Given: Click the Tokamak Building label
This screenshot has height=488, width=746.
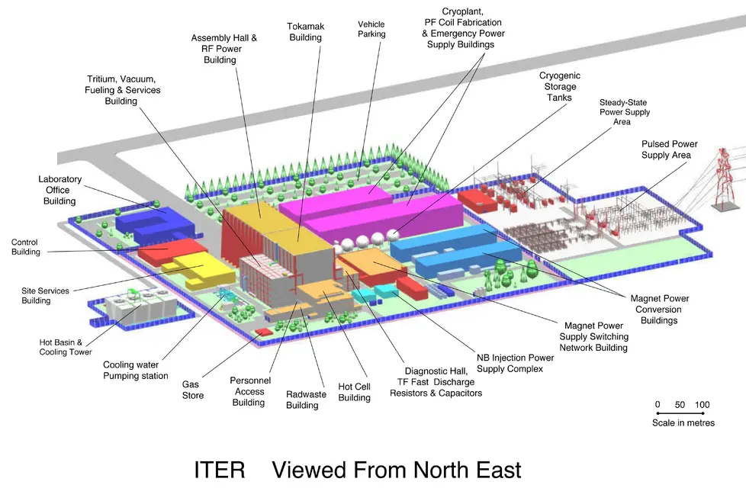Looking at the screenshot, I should (305, 32).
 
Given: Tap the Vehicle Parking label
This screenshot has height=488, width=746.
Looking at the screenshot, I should (371, 29).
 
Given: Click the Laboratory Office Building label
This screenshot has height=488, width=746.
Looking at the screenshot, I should (59, 190).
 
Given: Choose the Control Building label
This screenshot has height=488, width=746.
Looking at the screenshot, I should (24, 247).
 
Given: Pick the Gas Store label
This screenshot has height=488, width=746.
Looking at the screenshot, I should (193, 390).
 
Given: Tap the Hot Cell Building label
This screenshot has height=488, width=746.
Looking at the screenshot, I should (354, 392).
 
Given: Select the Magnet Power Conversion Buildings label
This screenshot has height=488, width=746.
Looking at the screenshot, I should (655, 310).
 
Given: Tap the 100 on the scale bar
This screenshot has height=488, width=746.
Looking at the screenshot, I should (703, 405).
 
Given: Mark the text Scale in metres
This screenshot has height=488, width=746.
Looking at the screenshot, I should (683, 422).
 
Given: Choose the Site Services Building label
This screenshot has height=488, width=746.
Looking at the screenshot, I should (46, 296).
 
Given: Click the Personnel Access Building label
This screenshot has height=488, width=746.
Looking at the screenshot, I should (249, 391).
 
